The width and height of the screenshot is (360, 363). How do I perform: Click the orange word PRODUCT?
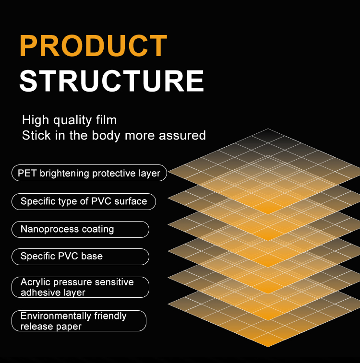[x=93, y=46]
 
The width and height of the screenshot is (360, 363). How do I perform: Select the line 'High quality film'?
[x=69, y=120]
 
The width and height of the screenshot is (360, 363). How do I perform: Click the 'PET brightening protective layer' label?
[x=89, y=173]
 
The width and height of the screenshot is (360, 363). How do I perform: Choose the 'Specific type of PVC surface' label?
[x=84, y=201]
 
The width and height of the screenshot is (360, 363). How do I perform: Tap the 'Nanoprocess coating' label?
[x=80, y=229]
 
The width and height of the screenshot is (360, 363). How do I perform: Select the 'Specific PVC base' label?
[x=80, y=257]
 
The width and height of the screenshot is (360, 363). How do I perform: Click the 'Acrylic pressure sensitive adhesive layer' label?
[x=80, y=287]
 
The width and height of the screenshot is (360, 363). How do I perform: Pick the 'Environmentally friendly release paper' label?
[x=79, y=321]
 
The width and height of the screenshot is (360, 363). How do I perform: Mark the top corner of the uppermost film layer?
[x=268, y=129]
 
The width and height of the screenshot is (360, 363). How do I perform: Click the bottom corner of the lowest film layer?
[x=268, y=347]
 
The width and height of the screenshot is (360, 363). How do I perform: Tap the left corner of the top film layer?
[x=168, y=172]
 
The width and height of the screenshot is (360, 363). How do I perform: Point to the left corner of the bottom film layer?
[x=168, y=304]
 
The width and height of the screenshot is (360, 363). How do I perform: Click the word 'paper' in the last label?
[x=69, y=327]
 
